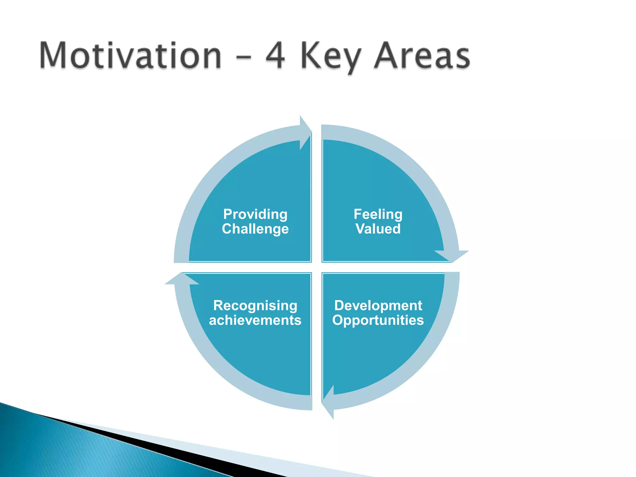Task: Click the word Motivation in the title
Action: [x=130, y=56]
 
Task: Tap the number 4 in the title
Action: [x=275, y=56]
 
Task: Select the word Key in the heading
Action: [x=331, y=57]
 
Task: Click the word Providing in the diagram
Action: [x=255, y=214]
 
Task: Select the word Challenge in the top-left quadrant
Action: [x=255, y=229]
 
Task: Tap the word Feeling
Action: [x=378, y=214]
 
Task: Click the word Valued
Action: [x=378, y=229]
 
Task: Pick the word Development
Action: [x=378, y=306]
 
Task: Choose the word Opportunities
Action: [x=378, y=320]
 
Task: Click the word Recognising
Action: [x=255, y=306]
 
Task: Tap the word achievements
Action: [x=255, y=320]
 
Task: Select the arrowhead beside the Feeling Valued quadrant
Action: [x=452, y=255]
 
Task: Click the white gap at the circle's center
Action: [x=317, y=267]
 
